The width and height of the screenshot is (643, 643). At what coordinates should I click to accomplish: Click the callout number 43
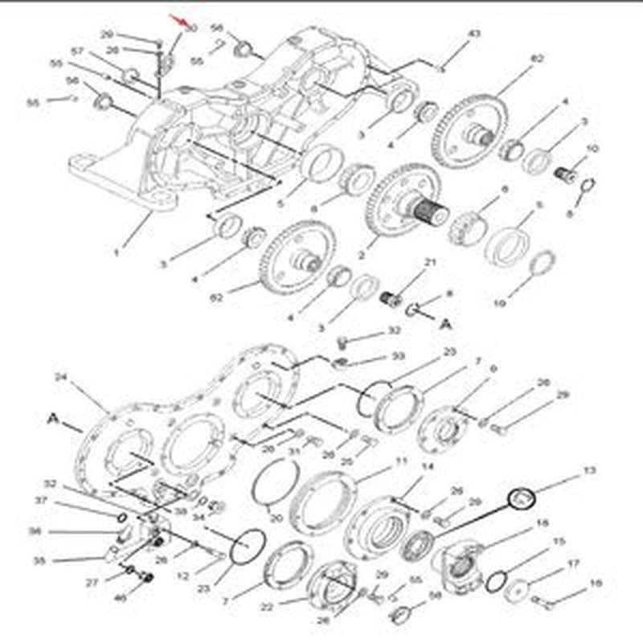[474, 34]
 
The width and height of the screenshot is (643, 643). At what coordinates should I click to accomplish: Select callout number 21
[430, 264]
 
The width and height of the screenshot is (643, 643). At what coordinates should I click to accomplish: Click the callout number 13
[590, 469]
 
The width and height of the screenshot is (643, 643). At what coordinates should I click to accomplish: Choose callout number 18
[543, 523]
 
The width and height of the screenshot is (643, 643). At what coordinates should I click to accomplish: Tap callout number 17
[573, 563]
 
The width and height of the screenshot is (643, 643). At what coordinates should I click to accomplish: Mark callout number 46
[121, 598]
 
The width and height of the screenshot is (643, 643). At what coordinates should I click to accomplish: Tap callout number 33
[398, 356]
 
